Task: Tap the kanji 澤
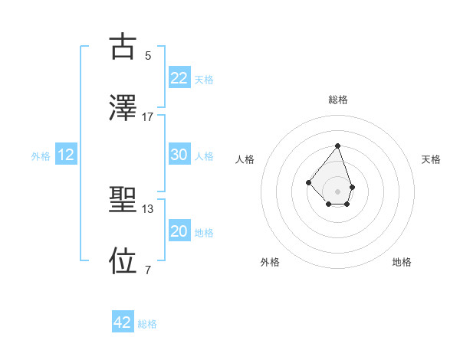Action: point(123,107)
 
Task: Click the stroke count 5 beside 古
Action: point(148,55)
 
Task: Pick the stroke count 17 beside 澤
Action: point(148,116)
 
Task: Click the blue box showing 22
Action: point(179,78)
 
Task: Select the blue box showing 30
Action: point(179,155)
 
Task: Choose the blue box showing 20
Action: point(179,231)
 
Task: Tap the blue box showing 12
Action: point(66,155)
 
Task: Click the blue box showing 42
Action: point(123,322)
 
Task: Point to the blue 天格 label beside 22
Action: point(204,80)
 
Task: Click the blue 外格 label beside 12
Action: point(41,156)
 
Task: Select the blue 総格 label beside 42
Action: point(147,324)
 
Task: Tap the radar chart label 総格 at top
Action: point(338,100)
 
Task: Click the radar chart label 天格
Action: point(432,159)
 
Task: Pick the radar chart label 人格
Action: point(245,159)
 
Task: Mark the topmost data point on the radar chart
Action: point(337,146)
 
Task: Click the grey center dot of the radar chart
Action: point(337,191)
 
